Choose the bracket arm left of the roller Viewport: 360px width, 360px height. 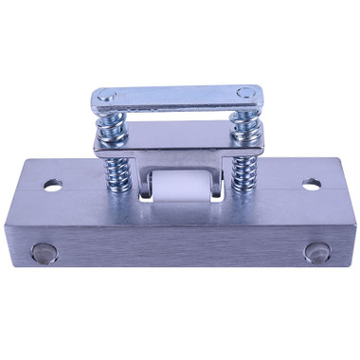pos(142,180)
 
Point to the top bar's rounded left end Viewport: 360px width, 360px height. pos(98,99)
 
